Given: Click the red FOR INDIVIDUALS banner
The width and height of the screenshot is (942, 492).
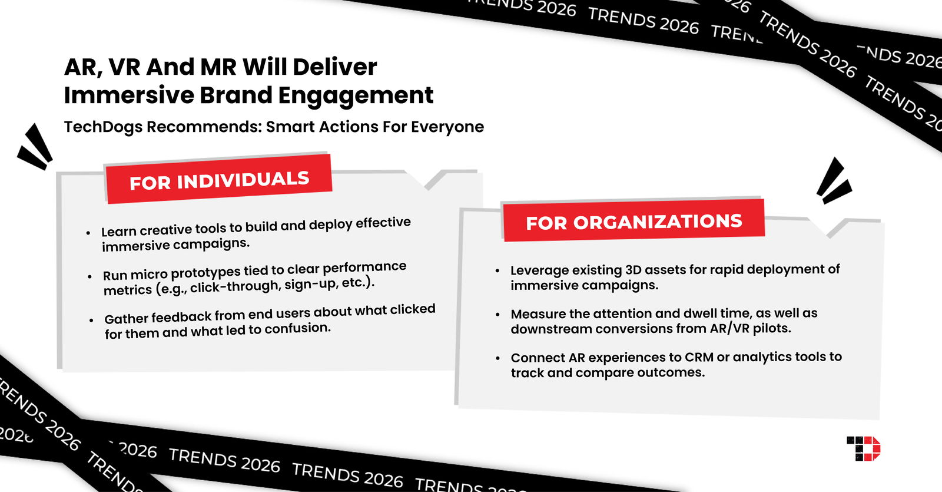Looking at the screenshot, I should [x=218, y=180].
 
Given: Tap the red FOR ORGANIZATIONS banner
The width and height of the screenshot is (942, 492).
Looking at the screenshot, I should [x=633, y=222].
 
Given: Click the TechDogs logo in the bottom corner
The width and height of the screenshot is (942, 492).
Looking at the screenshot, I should [x=863, y=448].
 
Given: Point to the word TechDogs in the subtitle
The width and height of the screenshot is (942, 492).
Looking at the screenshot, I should [x=103, y=127].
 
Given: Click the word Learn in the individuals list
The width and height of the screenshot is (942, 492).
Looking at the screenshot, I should [x=118, y=231].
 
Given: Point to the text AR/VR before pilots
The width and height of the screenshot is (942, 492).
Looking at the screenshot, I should [x=729, y=328].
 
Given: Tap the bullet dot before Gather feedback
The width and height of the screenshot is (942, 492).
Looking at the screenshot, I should [x=91, y=321].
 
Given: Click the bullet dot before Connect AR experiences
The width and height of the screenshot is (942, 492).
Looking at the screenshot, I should [x=498, y=358].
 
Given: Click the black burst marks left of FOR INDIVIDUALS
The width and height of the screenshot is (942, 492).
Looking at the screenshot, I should [x=35, y=147].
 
